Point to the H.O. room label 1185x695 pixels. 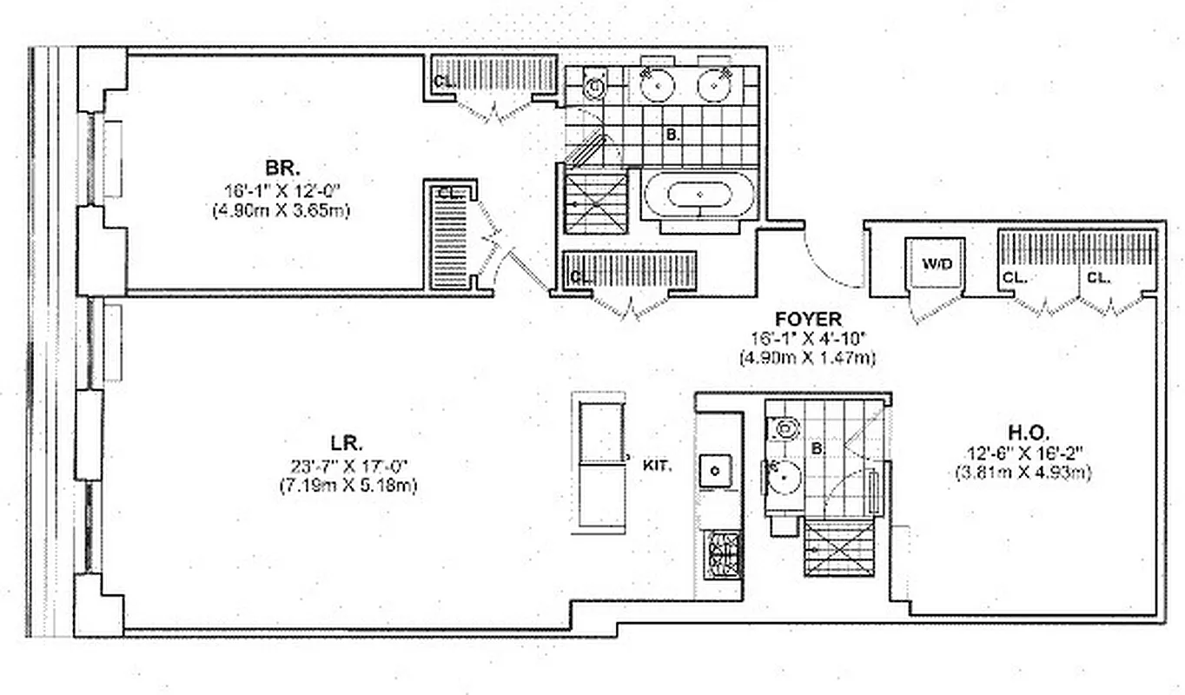pyautogui.click(x=1029, y=431)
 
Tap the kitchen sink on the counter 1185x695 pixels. pyautogui.click(x=716, y=470)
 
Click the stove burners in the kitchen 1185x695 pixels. pyautogui.click(x=719, y=555)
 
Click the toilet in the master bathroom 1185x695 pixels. pyautogui.click(x=594, y=86)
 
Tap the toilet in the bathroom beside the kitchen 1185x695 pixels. pyautogui.click(x=786, y=427)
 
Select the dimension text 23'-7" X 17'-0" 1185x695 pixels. pyautogui.click(x=348, y=465)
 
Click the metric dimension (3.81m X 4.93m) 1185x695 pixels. pyautogui.click(x=1029, y=473)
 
